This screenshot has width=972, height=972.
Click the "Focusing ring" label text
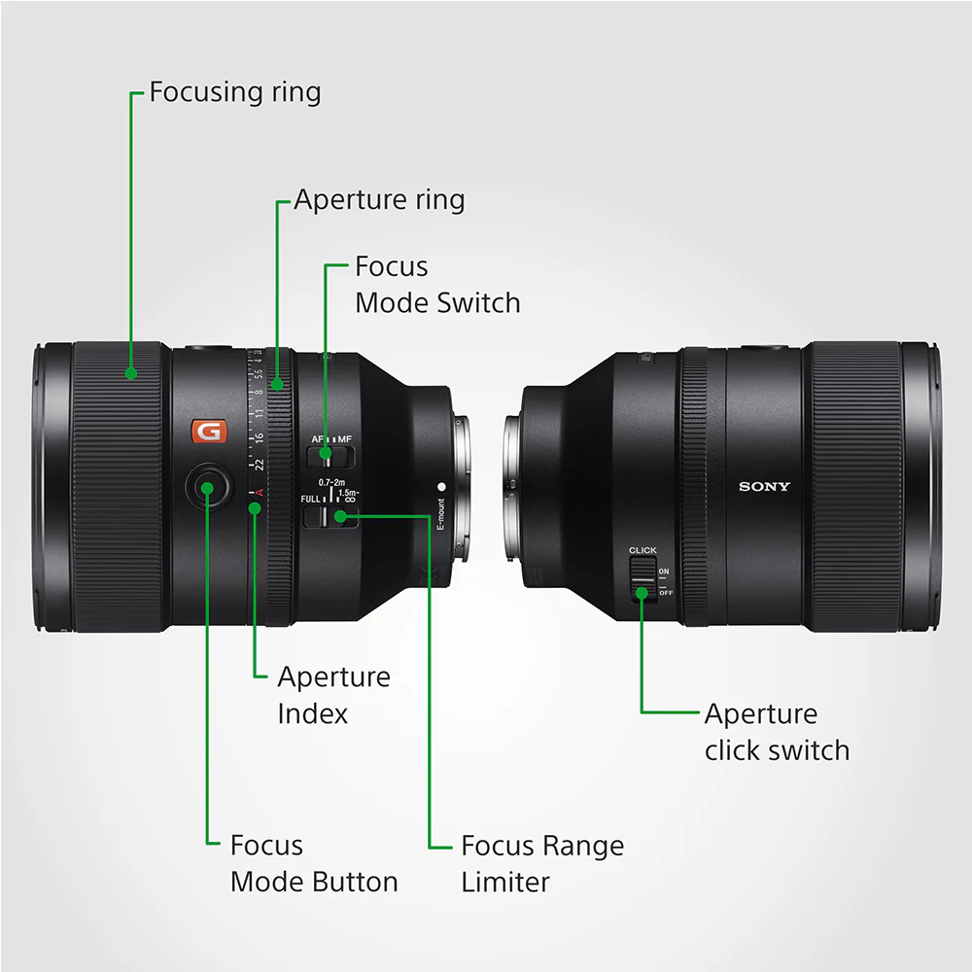[234, 92]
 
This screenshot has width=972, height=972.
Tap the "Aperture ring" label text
[379, 200]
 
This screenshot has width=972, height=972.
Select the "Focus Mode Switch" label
[436, 284]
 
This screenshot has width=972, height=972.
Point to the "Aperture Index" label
[333, 695]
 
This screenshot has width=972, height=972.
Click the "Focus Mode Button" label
[313, 864]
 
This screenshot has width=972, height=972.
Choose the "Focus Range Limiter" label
[541, 864]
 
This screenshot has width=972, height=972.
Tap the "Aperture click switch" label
[777, 732]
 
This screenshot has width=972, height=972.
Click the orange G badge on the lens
[207, 431]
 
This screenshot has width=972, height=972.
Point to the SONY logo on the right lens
[764, 486]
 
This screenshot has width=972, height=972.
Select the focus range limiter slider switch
[330, 516]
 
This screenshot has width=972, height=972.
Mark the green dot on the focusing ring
[131, 372]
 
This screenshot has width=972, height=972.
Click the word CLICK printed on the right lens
[642, 550]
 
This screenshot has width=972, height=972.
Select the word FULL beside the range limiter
[311, 499]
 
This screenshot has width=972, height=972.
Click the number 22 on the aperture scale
[259, 465]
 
